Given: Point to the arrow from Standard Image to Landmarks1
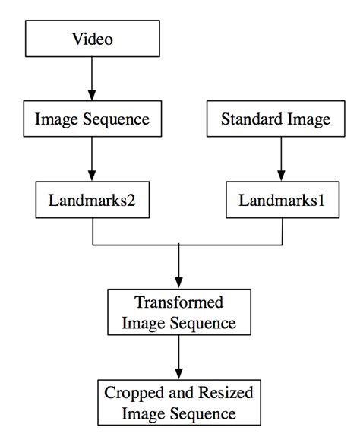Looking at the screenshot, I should [282, 160].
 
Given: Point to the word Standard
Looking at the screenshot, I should [248, 119].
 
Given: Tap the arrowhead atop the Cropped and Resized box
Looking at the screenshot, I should [178, 375].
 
